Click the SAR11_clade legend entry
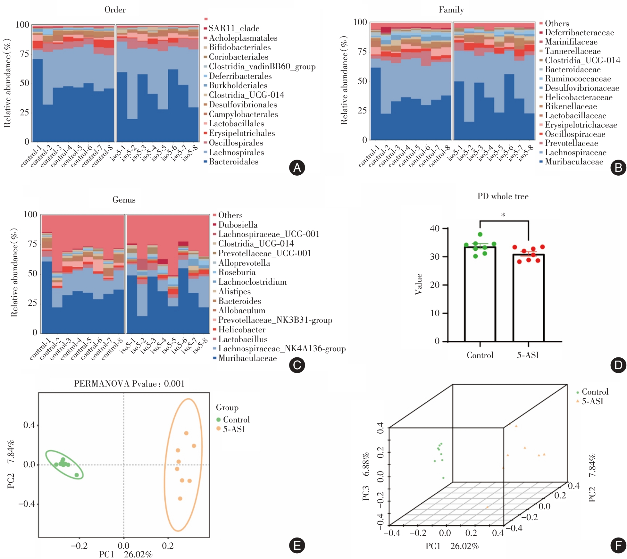(x=234, y=29)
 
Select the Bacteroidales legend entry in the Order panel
(x=233, y=162)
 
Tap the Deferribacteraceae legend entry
(x=579, y=33)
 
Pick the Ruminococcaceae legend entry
(x=578, y=79)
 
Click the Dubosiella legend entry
(x=238, y=225)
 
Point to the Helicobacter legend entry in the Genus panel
(x=242, y=330)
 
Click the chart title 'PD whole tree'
(x=503, y=196)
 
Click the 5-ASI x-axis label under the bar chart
(x=528, y=355)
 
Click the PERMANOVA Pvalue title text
(x=130, y=384)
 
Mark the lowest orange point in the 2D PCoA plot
(x=180, y=498)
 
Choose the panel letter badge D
(x=618, y=365)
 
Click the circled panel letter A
(x=297, y=168)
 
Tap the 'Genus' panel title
(x=124, y=200)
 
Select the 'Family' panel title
(x=451, y=10)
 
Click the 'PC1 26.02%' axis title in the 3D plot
(x=452, y=546)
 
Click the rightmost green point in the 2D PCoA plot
(x=77, y=475)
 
